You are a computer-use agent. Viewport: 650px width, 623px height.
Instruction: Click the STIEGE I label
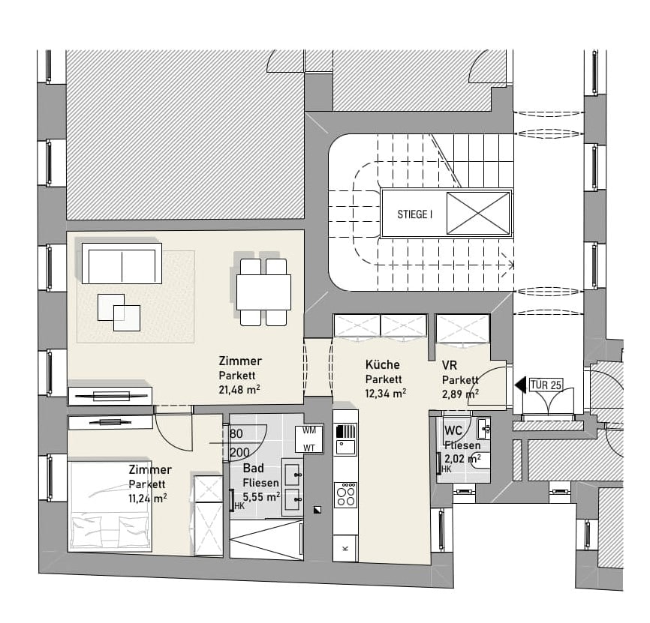[x=414, y=214]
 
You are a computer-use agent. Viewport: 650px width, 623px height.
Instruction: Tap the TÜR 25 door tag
[x=546, y=385]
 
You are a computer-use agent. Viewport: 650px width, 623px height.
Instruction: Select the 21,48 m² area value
[x=239, y=390]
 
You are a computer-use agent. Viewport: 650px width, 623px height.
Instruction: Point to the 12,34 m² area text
[x=386, y=394]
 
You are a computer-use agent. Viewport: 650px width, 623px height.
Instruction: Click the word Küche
[x=383, y=364]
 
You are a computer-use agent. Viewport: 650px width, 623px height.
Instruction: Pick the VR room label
[x=450, y=366]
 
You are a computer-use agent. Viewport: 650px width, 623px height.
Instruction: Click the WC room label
[x=453, y=430]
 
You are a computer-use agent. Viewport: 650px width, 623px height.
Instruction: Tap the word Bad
[x=253, y=468]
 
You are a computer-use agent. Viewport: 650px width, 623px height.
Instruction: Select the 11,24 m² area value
[x=148, y=498]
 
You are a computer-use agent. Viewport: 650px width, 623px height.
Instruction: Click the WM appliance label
[x=309, y=430]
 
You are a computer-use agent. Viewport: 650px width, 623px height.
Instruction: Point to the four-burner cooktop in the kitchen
[x=346, y=495]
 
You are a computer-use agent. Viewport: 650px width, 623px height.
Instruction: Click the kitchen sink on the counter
[x=346, y=447]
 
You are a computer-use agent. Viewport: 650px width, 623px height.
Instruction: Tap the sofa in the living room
[x=122, y=263]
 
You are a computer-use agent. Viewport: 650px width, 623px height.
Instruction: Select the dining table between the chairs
[x=263, y=292]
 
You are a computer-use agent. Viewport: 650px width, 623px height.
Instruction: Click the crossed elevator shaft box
[x=478, y=213]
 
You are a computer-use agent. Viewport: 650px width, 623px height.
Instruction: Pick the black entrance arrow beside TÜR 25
[x=520, y=385]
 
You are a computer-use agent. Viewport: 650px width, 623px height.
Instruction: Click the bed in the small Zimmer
[x=110, y=505]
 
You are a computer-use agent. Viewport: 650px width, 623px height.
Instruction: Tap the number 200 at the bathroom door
[x=239, y=453]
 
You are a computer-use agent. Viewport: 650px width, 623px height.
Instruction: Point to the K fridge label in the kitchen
[x=346, y=549]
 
